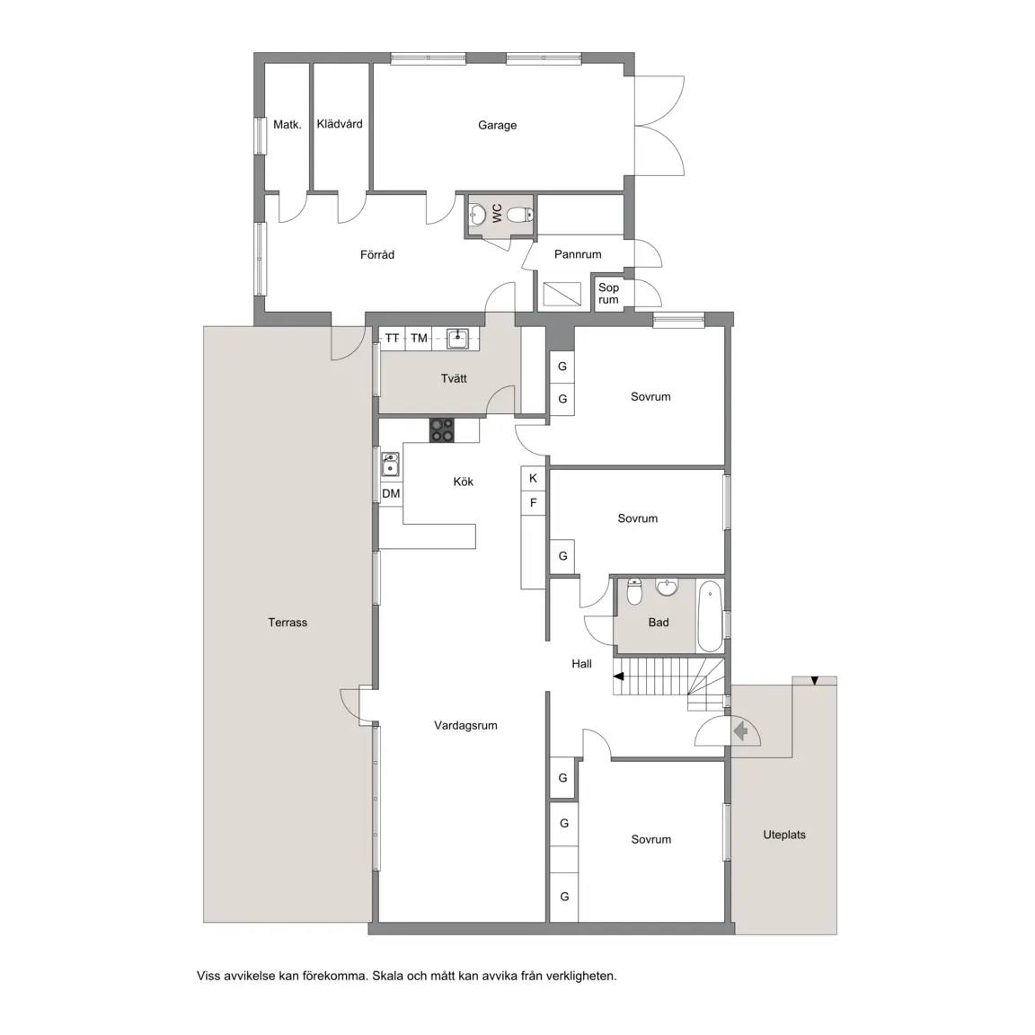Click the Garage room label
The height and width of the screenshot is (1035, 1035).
(x=497, y=126)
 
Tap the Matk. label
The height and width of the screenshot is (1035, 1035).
(x=287, y=124)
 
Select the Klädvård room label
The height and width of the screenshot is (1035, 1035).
(x=340, y=123)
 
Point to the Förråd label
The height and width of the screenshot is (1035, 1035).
(x=377, y=254)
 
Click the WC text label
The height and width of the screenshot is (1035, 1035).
(x=497, y=213)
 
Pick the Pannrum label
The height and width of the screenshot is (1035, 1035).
(x=578, y=254)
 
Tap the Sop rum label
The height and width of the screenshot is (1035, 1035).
(x=608, y=294)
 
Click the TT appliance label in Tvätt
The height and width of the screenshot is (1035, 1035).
(x=392, y=339)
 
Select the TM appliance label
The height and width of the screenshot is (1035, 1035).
(x=419, y=339)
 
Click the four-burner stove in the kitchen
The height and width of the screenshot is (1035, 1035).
(x=442, y=430)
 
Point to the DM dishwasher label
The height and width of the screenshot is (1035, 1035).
(x=391, y=494)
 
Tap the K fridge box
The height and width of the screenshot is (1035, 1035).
(x=534, y=479)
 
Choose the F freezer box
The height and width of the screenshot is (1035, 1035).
(x=534, y=503)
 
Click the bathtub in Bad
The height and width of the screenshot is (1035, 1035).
(x=711, y=615)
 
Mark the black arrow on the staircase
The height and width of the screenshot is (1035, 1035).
(x=618, y=676)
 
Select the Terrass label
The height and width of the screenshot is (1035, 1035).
(x=287, y=623)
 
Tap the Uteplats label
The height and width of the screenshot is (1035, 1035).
(x=784, y=835)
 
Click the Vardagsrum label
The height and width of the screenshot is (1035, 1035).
(x=465, y=725)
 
